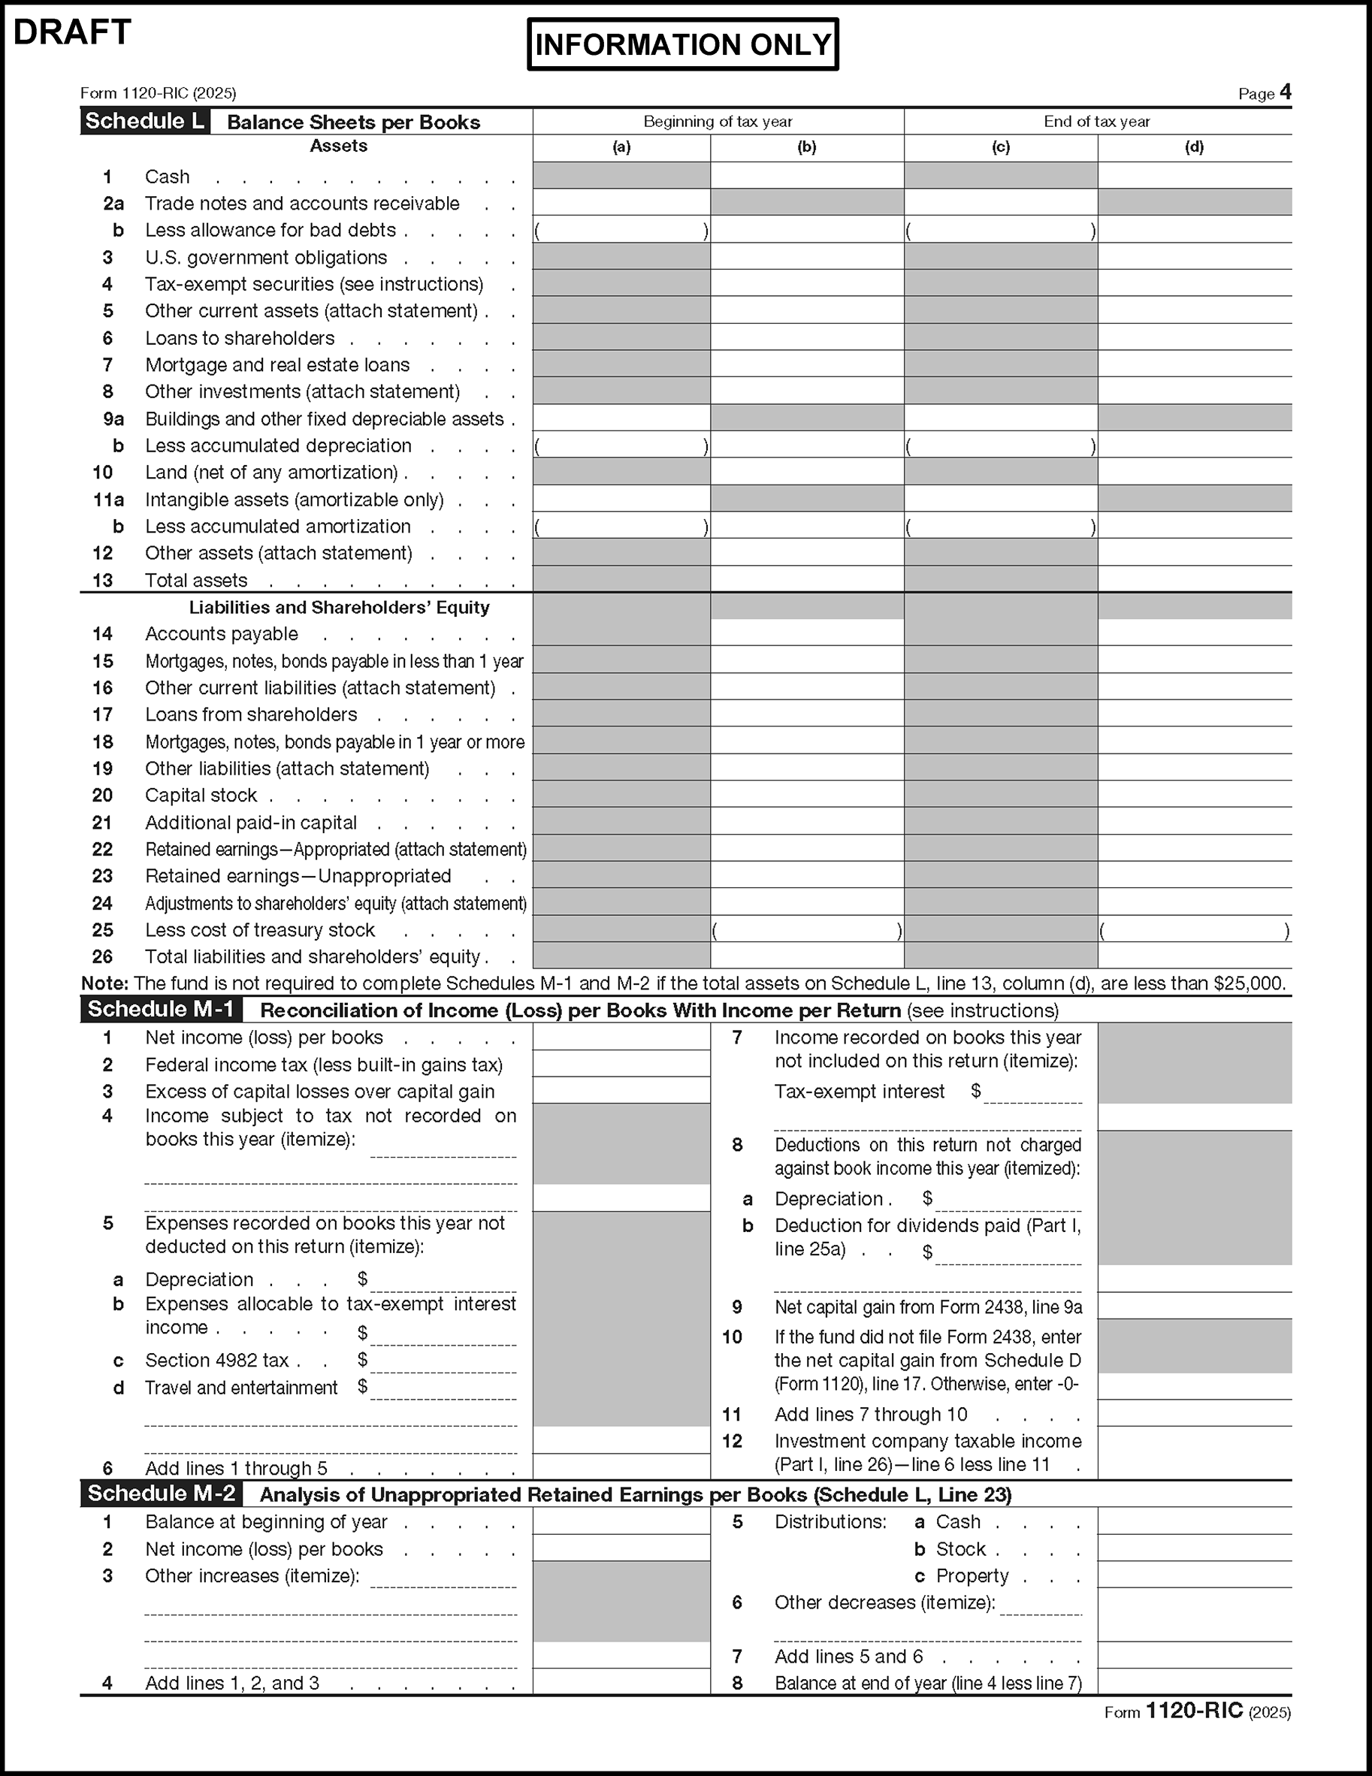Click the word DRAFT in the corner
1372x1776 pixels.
click(x=72, y=32)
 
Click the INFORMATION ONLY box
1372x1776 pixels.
click(x=682, y=44)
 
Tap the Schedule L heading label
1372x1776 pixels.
click(x=145, y=121)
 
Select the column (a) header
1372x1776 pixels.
click(x=621, y=147)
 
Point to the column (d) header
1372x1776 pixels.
click(x=1194, y=147)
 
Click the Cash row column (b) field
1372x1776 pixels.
click(x=807, y=176)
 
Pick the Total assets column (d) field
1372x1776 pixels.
click(x=1194, y=579)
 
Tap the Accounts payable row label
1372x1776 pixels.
click(x=221, y=634)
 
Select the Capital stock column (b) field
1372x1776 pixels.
click(x=807, y=795)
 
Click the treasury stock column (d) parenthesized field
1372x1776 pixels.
click(x=1194, y=930)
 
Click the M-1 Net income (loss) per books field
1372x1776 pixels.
click(x=621, y=1037)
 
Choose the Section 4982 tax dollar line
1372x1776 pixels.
click(x=443, y=1362)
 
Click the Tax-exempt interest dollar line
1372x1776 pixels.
click(x=1033, y=1092)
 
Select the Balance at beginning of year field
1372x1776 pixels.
click(x=621, y=1521)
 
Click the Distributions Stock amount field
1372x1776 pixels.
click(x=1194, y=1549)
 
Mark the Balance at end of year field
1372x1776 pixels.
click(x=1194, y=1683)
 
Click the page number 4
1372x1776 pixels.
click(x=1285, y=92)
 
